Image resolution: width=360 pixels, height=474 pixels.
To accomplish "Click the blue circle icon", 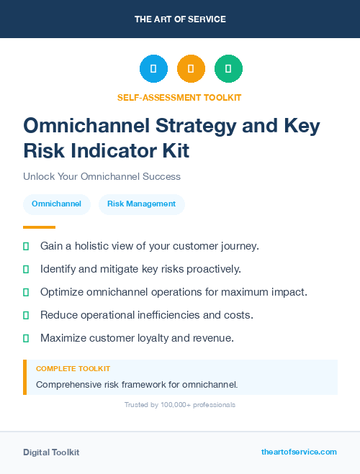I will (x=153, y=69).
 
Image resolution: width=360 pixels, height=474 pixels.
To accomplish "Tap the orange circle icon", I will (x=191, y=69).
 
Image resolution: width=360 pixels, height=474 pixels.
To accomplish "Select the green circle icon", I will (x=228, y=69).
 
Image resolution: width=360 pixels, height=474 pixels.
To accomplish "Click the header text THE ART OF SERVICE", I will (x=180, y=19).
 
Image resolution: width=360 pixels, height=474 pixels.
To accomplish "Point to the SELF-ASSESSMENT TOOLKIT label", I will (x=180, y=97).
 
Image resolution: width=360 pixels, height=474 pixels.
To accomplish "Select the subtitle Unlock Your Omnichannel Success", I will (x=102, y=176).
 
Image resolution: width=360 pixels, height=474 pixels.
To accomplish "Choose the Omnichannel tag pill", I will (x=57, y=204).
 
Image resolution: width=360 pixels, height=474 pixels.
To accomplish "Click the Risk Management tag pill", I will (x=141, y=204).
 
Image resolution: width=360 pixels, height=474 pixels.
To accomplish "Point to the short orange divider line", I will (x=39, y=227).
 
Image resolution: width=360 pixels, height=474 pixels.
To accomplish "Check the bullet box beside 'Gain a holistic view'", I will (x=26, y=246).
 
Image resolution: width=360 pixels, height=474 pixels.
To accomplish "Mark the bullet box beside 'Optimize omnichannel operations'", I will (x=26, y=292).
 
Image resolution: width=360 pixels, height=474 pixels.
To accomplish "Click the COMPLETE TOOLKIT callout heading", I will (x=73, y=368).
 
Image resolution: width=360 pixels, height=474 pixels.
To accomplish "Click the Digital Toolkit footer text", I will (x=51, y=452).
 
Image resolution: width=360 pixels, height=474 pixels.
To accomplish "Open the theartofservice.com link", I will (x=299, y=452).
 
